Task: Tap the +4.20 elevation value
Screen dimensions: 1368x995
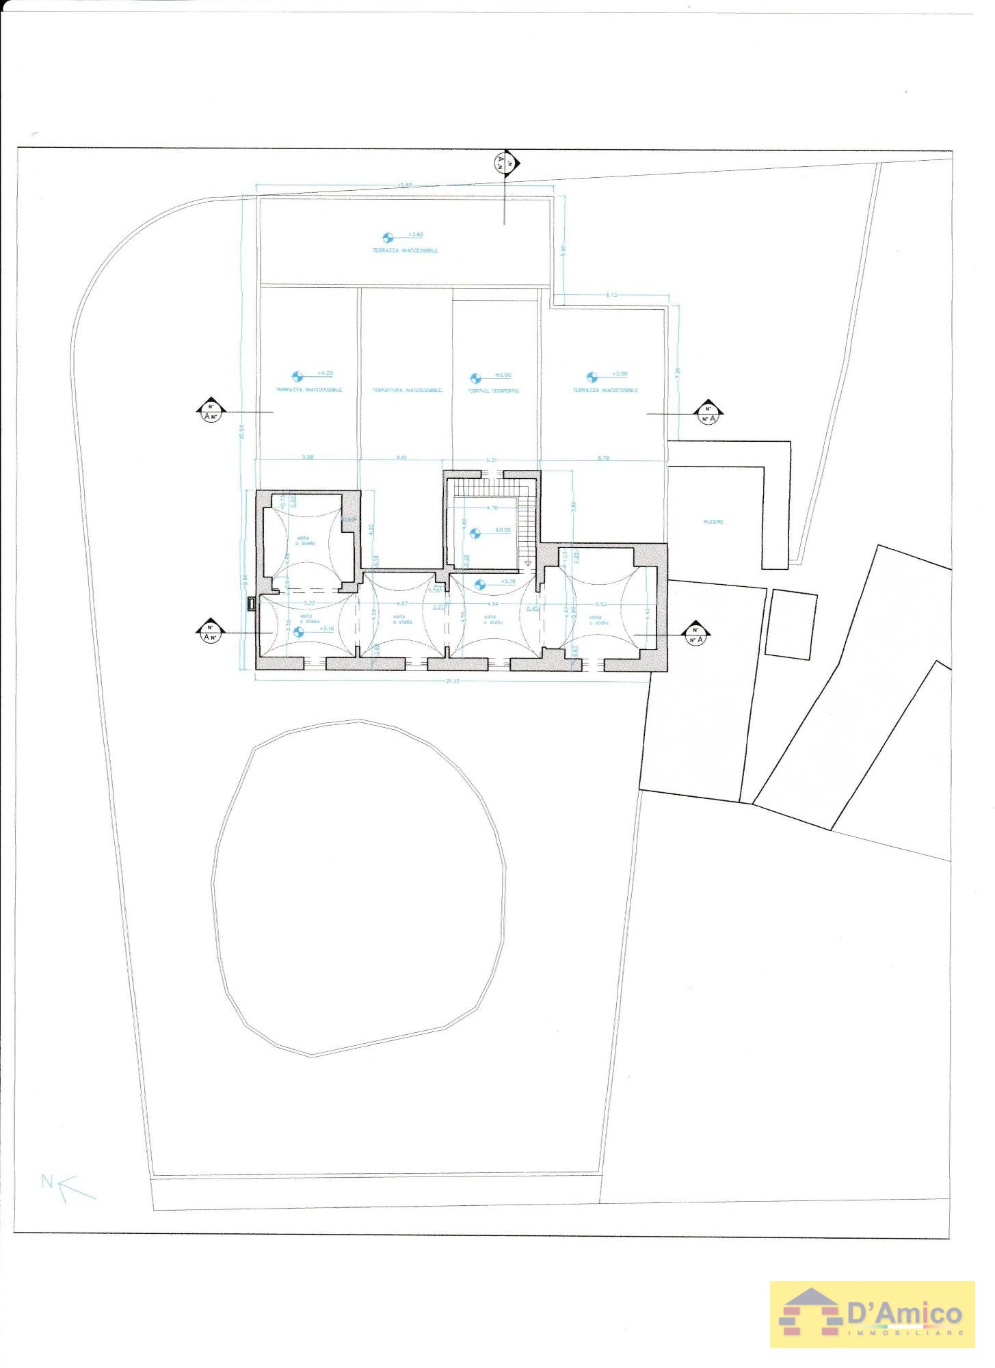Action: [x=324, y=373]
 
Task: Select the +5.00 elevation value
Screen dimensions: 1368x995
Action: [x=620, y=373]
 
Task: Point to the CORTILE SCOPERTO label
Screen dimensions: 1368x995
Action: [x=494, y=391]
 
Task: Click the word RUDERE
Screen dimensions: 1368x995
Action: [x=713, y=522]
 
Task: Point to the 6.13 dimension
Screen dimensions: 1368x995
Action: [x=611, y=295]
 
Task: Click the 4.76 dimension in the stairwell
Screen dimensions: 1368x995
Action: [x=492, y=508]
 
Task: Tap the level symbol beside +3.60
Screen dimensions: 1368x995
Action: [x=388, y=237]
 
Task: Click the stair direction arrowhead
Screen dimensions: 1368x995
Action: [x=527, y=563]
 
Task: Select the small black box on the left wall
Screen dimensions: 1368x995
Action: [x=251, y=603]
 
